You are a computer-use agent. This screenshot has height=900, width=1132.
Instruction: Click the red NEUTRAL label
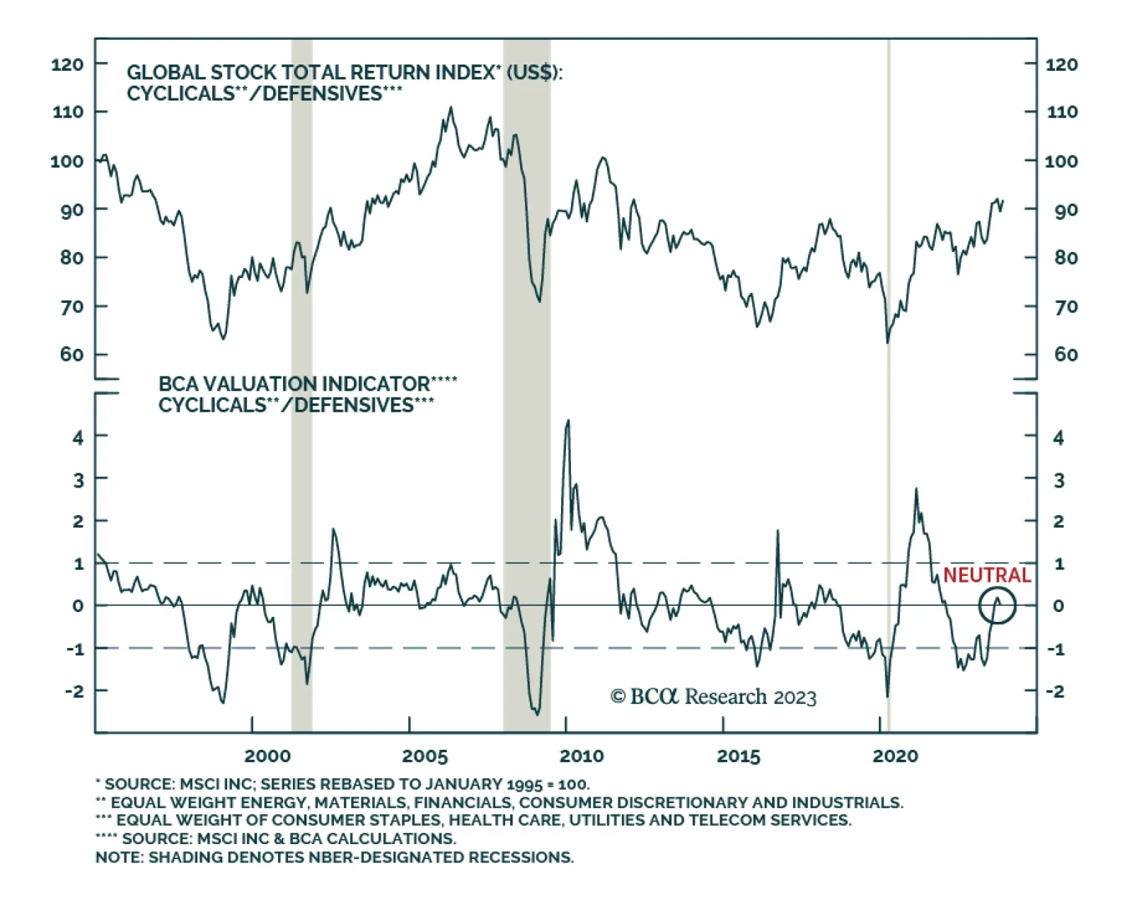pyautogui.click(x=986, y=575)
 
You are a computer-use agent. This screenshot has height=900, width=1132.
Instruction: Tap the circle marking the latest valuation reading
pyautogui.click(x=998, y=606)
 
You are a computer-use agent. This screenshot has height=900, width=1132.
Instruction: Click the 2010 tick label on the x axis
pyautogui.click(x=582, y=756)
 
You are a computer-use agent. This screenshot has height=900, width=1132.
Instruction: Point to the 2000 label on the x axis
pyautogui.click(x=267, y=756)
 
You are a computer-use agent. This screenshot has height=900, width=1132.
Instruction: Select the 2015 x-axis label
pyautogui.click(x=738, y=756)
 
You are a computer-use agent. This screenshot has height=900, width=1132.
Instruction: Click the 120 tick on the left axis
pyautogui.click(x=67, y=64)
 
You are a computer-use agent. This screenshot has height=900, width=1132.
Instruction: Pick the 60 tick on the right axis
pyautogui.click(x=1066, y=354)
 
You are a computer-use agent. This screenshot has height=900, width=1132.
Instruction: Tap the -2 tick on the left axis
pyautogui.click(x=74, y=691)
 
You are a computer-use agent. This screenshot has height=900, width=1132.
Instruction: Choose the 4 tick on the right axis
pyautogui.click(x=1058, y=438)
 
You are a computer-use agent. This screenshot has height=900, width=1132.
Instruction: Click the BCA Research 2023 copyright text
pyautogui.click(x=713, y=697)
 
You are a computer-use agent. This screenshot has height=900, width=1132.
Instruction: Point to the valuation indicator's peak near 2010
pyautogui.click(x=567, y=421)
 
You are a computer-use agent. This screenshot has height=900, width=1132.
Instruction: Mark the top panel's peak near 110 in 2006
pyautogui.click(x=451, y=108)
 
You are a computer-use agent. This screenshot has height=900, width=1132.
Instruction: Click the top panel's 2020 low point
pyautogui.click(x=887, y=342)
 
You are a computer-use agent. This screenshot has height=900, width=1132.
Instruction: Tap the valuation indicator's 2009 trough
pyautogui.click(x=537, y=714)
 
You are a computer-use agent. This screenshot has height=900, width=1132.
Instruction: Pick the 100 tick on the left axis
pyautogui.click(x=67, y=161)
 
